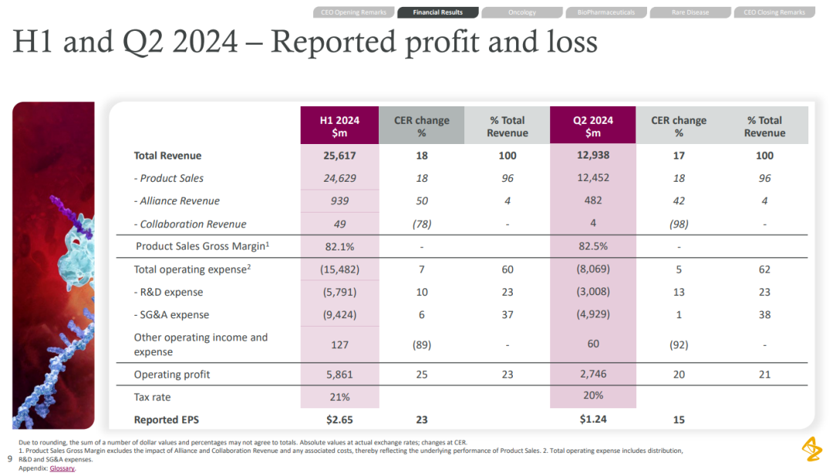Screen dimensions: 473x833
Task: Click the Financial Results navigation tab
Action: [437, 12]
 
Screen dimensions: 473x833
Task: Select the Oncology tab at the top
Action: [522, 12]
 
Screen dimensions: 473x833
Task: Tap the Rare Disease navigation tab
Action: [690, 12]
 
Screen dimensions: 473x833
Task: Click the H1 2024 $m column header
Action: [339, 126]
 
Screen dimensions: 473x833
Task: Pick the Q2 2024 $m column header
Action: [592, 126]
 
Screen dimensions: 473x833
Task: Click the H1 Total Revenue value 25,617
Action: [339, 156]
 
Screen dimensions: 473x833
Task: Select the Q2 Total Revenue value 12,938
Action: [592, 156]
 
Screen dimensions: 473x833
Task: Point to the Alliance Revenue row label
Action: [180, 201]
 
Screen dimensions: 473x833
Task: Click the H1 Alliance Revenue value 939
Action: [339, 201]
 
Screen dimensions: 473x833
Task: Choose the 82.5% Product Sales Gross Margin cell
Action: [592, 247]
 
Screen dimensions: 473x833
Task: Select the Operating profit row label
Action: [172, 374]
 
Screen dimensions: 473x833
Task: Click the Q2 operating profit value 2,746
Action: [592, 374]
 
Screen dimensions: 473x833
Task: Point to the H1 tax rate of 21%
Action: [339, 397]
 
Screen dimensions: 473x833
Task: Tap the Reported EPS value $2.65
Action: [339, 420]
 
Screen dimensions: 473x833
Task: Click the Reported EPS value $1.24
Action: [592, 420]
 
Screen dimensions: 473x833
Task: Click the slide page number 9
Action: [9, 458]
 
